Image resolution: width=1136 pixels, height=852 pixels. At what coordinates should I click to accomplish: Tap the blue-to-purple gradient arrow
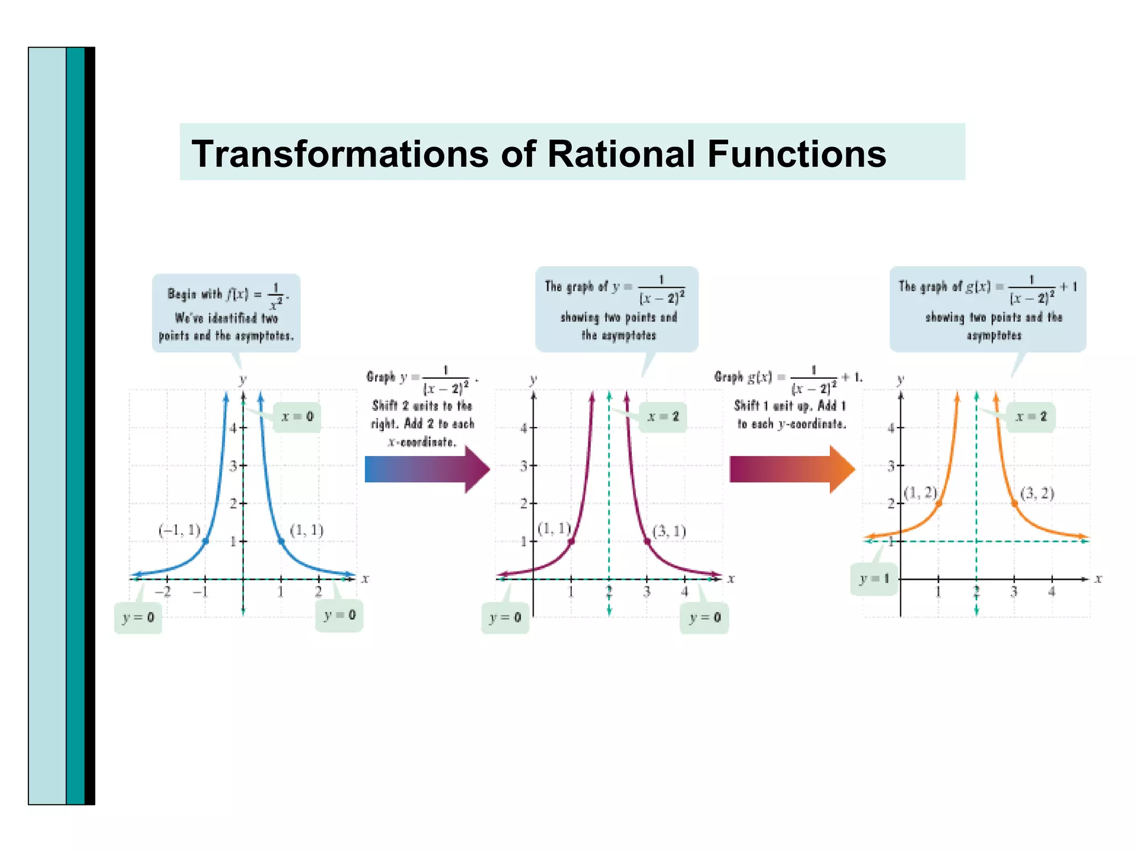[x=426, y=469]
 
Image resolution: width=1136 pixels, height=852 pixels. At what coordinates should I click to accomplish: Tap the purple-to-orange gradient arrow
[x=791, y=469]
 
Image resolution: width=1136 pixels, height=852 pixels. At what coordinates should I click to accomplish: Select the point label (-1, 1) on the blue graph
[x=179, y=530]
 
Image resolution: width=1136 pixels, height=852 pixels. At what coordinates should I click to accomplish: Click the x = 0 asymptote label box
[x=297, y=417]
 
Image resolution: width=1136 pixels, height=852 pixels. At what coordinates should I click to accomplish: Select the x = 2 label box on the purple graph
[x=663, y=417]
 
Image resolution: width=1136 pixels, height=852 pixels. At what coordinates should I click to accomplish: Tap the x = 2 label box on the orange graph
[x=1031, y=417]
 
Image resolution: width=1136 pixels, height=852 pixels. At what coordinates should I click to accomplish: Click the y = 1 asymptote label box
[x=874, y=579]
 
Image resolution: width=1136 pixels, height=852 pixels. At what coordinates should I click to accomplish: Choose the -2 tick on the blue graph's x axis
[x=163, y=592]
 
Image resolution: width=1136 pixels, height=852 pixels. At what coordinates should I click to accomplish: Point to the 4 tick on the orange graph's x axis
[x=1052, y=592]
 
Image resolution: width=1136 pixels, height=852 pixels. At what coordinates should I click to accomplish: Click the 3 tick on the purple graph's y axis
[x=524, y=466]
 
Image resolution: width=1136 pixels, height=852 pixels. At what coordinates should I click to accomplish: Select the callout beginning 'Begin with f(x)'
[x=226, y=313]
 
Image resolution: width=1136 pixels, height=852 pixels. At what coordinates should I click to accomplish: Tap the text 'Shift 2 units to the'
[x=422, y=406]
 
